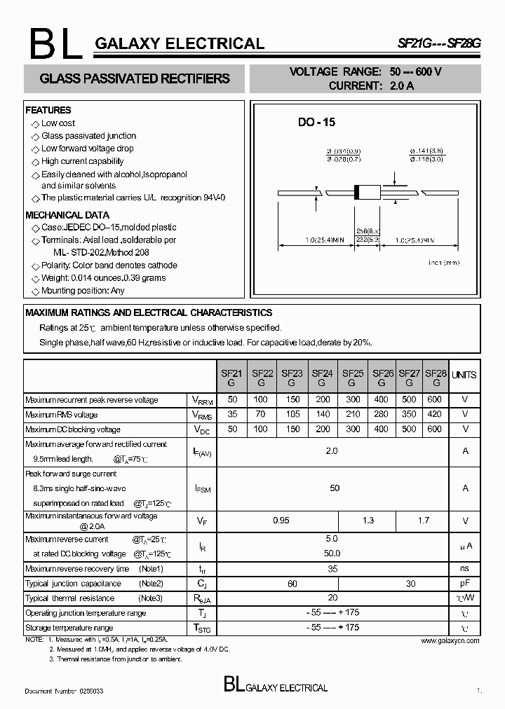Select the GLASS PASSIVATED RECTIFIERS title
point(135,78)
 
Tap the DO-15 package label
point(316,122)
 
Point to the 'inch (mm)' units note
point(443,263)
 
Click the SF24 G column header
point(322,378)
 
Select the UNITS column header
point(464,375)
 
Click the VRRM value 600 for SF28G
point(435,400)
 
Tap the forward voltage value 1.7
point(423,521)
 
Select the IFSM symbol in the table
point(202,489)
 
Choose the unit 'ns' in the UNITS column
point(464,568)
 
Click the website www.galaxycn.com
point(451,640)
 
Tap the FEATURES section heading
point(48,110)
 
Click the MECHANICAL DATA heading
point(67,215)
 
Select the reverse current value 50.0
point(332,553)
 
